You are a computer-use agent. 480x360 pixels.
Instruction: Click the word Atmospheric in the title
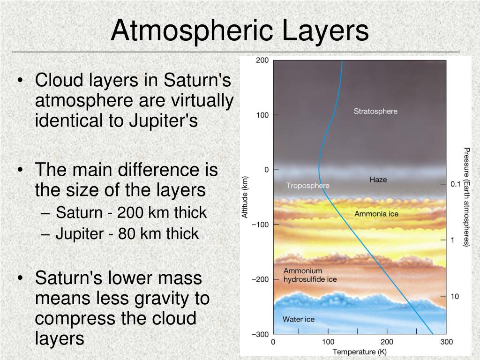192,31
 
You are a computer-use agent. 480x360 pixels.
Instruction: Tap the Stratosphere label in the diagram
375,111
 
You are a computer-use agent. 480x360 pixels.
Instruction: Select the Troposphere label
308,186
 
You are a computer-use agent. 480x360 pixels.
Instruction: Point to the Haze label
378,180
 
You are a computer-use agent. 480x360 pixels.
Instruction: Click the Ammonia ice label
376,214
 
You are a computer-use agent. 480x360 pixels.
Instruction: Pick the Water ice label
299,319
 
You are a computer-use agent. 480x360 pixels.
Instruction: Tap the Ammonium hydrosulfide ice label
310,275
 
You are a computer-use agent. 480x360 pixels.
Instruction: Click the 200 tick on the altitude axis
262,60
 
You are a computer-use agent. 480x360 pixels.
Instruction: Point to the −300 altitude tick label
260,334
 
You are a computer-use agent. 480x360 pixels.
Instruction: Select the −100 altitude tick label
260,225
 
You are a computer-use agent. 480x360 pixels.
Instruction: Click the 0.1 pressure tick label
455,184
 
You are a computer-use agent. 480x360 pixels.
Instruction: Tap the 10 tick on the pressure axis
455,296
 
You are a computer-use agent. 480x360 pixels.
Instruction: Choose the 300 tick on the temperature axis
446,342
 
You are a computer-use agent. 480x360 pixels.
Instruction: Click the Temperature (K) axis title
360,352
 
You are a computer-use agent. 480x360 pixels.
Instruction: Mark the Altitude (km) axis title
245,197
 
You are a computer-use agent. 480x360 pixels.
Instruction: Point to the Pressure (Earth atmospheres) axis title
466,197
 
